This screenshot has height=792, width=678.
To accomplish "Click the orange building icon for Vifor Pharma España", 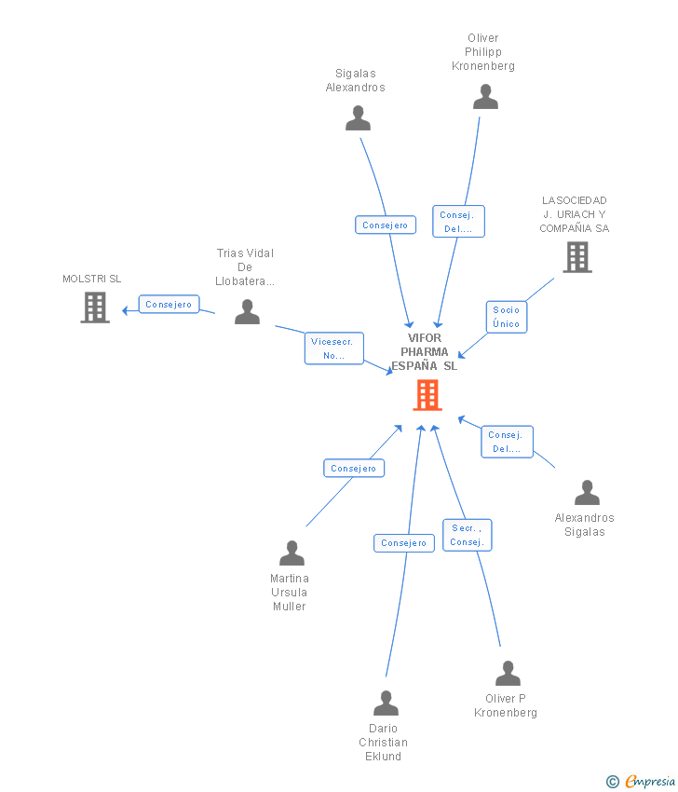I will coord(427,395).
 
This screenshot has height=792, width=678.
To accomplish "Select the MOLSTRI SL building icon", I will coord(94,307).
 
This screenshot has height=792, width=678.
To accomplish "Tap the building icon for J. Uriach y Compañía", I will coord(576,257).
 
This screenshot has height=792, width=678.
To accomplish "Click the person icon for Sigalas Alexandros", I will coord(358,118).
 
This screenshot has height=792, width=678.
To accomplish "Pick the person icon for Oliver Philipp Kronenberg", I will coord(485,97).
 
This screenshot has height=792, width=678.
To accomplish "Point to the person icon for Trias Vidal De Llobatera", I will coord(247,311).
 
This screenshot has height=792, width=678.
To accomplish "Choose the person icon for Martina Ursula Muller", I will coord(292,553).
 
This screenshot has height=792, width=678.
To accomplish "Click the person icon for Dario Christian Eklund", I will coord(386,703).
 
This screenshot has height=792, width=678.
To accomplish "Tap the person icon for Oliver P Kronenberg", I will coord(508,673).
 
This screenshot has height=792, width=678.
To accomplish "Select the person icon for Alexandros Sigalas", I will coord(587,492).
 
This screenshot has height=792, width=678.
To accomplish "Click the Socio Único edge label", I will coord(508,317).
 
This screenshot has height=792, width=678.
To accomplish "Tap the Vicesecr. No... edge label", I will coord(334,348).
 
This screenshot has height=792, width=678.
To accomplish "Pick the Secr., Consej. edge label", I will coord(467,535).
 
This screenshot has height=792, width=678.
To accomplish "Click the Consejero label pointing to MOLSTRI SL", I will coord(169,305).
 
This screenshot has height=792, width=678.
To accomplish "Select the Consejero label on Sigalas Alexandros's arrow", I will coord(385,225).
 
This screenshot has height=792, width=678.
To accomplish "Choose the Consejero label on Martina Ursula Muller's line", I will coord(354,469).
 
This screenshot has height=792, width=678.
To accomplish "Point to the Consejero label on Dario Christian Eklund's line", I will coord(403,543).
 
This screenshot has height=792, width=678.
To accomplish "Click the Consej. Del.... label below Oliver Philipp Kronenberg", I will coord(458,222).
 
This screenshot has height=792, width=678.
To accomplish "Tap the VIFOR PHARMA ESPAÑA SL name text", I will coord(425,352).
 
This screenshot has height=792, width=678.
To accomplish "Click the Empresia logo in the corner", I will coord(642,781).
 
